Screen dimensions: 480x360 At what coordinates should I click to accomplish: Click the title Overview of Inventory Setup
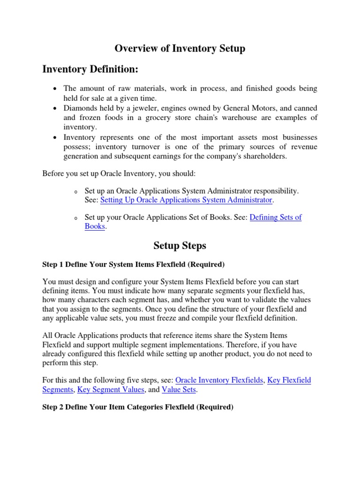(180, 48)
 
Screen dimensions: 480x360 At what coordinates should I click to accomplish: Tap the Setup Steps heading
(180, 246)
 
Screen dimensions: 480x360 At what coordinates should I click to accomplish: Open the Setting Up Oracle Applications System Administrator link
(186, 200)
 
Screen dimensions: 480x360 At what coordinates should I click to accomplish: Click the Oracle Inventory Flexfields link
(219, 380)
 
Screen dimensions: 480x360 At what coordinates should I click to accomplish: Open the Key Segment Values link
(111, 389)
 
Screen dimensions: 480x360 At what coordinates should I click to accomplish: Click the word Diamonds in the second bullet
(80, 108)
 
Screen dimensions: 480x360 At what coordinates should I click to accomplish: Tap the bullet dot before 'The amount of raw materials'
(55, 89)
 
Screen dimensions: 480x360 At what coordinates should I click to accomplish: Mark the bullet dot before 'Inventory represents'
(55, 137)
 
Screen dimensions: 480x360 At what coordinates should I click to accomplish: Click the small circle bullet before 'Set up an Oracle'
(75, 192)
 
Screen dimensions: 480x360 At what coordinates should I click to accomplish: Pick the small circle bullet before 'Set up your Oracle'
(75, 218)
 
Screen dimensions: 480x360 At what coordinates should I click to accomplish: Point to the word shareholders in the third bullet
(265, 157)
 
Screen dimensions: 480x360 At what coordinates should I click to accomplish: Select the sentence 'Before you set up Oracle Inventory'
(120, 174)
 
